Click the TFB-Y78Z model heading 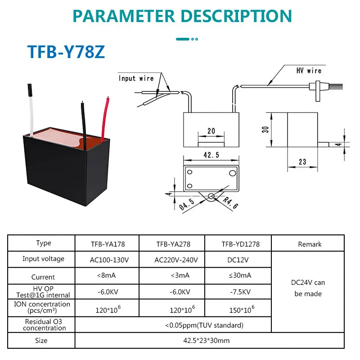click(67, 51)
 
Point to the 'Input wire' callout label click(136, 78)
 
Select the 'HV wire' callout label click(308, 71)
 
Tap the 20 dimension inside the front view click(211, 131)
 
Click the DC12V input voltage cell click(238, 260)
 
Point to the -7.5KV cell click(238, 292)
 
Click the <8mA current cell click(107, 275)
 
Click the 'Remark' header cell click(310, 244)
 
